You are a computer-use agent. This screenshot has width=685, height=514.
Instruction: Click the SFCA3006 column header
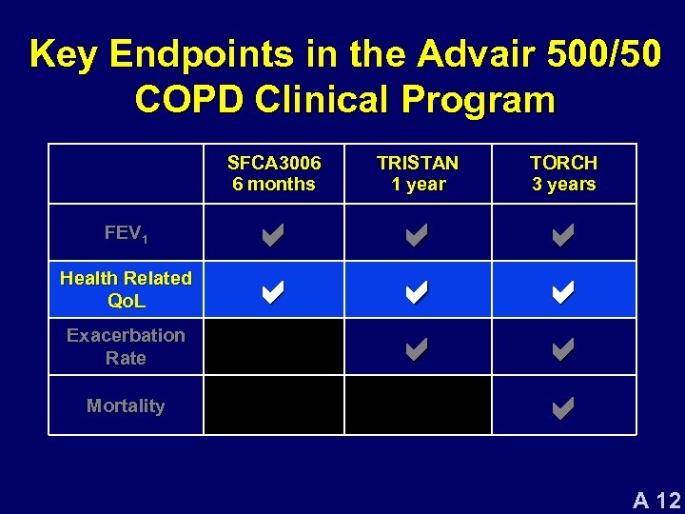(x=274, y=173)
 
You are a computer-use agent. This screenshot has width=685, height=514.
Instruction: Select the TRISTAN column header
(x=418, y=173)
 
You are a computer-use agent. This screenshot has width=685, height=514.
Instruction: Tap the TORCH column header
(x=563, y=173)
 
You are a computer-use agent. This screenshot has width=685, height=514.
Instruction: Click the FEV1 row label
(x=126, y=232)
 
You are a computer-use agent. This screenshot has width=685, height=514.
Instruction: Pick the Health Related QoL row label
(x=126, y=289)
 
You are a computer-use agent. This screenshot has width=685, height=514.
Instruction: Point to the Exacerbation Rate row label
(x=126, y=346)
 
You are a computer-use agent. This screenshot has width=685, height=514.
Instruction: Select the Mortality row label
(x=126, y=405)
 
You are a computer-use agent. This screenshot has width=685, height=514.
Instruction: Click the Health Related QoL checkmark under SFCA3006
(x=272, y=293)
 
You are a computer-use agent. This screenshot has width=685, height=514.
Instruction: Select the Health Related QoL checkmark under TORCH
(x=563, y=293)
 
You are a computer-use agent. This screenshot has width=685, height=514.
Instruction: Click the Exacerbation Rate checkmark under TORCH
(x=563, y=350)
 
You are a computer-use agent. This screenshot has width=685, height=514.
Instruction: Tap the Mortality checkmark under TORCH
(x=563, y=409)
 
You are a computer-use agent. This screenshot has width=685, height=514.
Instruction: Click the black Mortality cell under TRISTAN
(x=418, y=405)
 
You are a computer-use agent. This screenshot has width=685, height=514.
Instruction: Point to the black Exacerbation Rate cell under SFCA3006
(x=274, y=346)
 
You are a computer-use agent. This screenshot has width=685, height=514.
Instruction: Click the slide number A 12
(x=656, y=499)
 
